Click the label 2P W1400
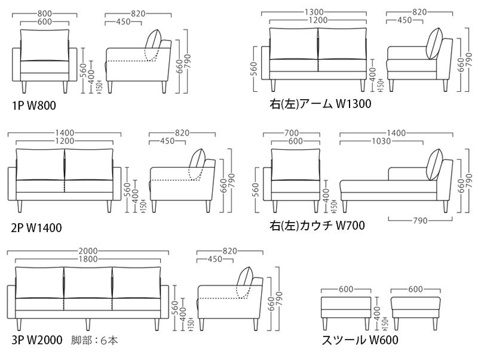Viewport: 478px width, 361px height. [36, 227]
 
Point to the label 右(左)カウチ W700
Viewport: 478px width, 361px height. [317, 226]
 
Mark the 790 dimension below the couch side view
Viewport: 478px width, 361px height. [420, 221]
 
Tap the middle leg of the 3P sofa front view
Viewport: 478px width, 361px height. [88, 323]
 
